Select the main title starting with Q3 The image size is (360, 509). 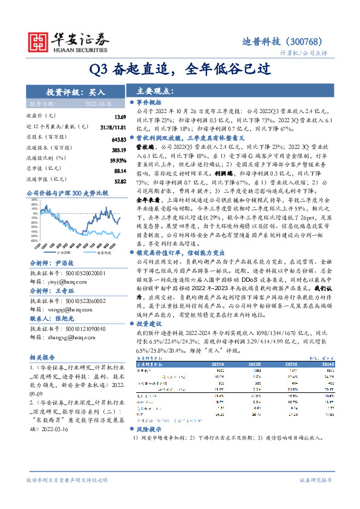[180, 68]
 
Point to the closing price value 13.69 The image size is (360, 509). [119, 116]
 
